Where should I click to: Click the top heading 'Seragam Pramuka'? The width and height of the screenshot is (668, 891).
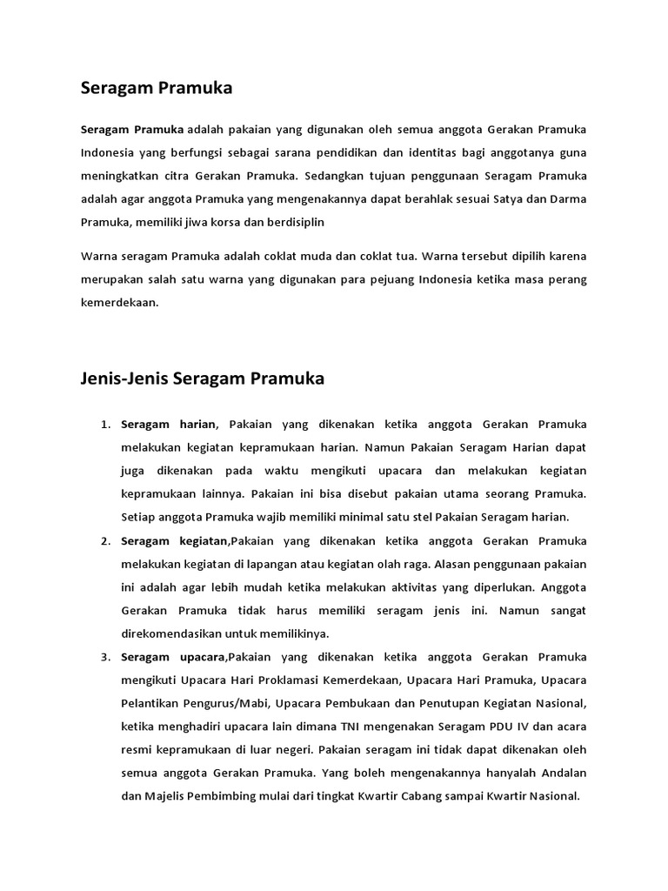pos(157,88)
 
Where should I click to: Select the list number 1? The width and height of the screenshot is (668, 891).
pos(105,425)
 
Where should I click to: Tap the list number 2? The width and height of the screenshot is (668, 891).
pos(105,541)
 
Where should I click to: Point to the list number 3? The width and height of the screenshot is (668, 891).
pos(105,657)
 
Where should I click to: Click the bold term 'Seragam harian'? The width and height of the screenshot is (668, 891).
pos(168,425)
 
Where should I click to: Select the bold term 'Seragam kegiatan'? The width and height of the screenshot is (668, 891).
pos(175,541)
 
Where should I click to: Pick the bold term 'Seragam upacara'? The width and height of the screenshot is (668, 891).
pos(173,657)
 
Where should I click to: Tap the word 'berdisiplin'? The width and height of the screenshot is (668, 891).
pos(295,222)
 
